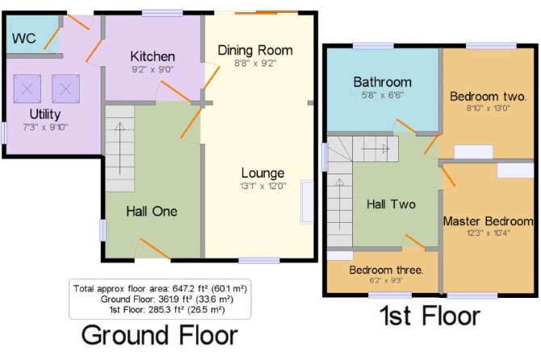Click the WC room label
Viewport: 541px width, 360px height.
(23, 38)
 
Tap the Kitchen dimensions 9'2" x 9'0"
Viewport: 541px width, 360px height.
(153, 69)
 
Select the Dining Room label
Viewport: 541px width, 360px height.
(255, 50)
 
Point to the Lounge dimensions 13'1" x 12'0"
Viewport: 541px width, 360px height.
(263, 186)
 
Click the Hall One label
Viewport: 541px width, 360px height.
(152, 211)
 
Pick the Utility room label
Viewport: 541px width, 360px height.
(45, 114)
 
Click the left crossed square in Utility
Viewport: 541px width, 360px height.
(27, 89)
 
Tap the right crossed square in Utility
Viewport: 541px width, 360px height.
(66, 89)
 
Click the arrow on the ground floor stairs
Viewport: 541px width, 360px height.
(120, 149)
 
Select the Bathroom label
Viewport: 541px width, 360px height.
(383, 82)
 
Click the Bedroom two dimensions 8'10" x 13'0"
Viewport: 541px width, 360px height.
(489, 108)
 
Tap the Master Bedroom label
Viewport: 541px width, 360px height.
(489, 221)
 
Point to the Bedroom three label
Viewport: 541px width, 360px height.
(386, 270)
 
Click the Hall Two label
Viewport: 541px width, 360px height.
(391, 204)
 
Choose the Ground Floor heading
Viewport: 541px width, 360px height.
(159, 335)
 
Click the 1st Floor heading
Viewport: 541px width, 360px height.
(430, 316)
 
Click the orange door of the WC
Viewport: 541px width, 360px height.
(52, 38)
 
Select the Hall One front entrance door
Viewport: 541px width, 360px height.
(154, 248)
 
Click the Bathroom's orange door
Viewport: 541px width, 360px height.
(406, 126)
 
